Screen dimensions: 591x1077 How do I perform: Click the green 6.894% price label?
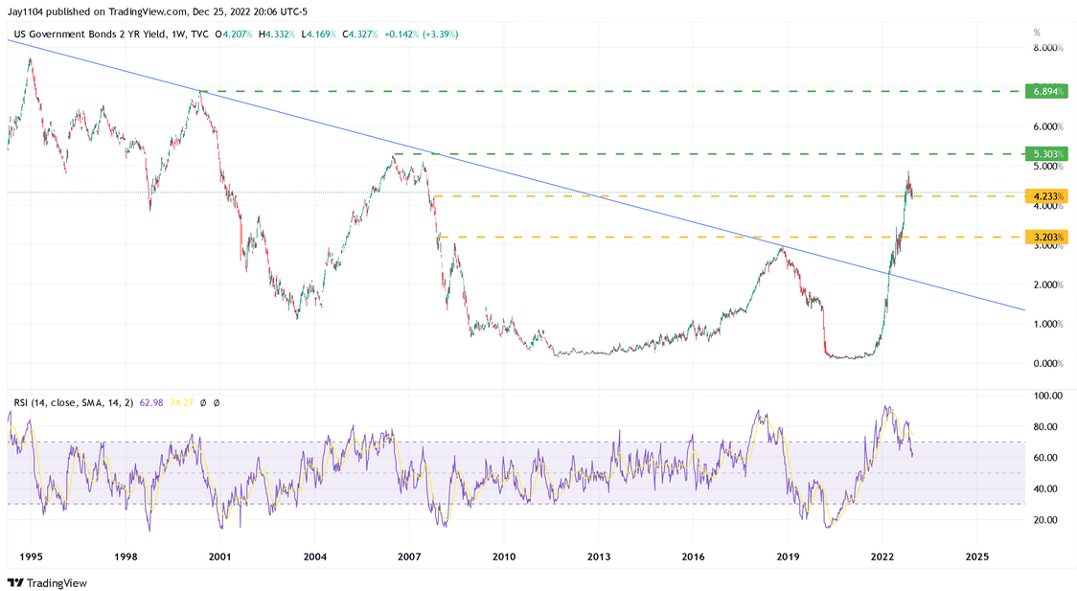pos(1043,91)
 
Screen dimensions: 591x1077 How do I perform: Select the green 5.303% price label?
pos(1043,153)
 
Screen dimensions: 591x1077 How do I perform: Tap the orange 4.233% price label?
pos(1043,195)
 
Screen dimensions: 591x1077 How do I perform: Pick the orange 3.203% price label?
pos(1043,237)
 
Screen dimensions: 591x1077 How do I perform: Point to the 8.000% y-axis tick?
pos(1047,47)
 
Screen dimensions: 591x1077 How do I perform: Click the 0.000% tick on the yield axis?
pos(1047,363)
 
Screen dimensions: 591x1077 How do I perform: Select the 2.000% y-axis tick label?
pos(1047,284)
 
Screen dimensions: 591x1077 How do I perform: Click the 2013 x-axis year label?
pos(599,556)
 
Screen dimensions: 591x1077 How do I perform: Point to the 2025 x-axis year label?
pos(977,556)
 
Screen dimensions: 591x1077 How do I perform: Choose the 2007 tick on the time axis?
pos(409,556)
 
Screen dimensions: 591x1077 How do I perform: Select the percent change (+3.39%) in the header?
pos(437,34)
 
